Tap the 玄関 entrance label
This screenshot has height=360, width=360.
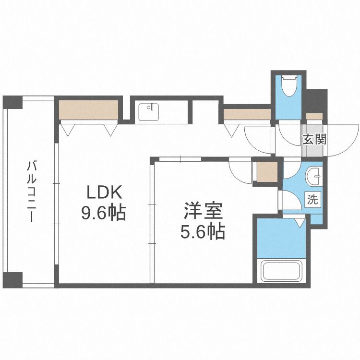314,139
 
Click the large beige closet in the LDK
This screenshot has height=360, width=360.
89,110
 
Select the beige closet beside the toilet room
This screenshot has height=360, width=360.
247,115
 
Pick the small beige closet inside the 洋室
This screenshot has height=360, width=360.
266,170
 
